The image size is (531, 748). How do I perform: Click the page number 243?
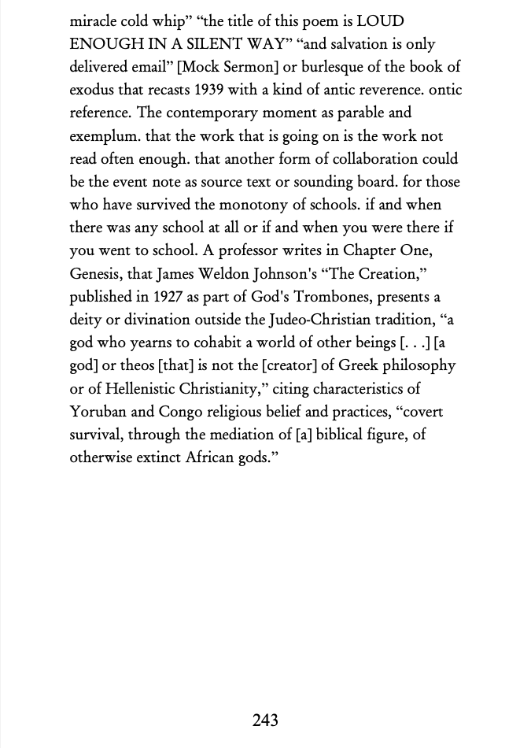(x=265, y=720)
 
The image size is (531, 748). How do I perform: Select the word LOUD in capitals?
(x=380, y=21)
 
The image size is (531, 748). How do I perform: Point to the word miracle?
(x=93, y=21)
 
